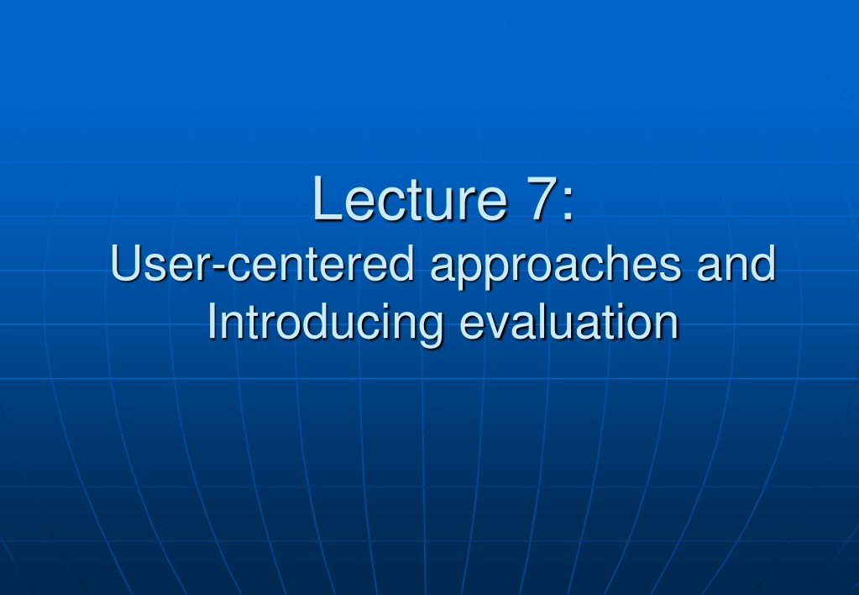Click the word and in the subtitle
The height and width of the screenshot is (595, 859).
[x=736, y=263]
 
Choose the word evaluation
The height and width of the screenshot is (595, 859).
[x=569, y=322]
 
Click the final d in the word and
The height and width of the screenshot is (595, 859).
[x=763, y=263]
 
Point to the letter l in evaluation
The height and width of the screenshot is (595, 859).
[x=540, y=321]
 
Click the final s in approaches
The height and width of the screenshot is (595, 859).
[x=671, y=269]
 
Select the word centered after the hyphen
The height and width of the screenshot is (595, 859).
[x=321, y=263]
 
